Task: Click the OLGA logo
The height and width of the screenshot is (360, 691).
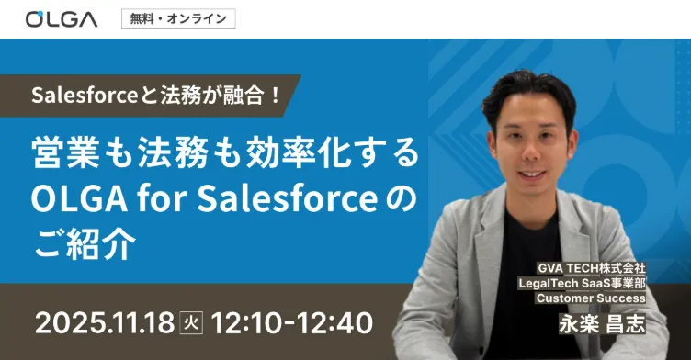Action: coord(62,18)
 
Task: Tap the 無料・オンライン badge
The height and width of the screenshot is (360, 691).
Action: coord(177,18)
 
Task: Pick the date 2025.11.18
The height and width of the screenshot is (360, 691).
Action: coord(102,323)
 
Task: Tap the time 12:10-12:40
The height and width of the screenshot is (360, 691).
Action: coord(291,323)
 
